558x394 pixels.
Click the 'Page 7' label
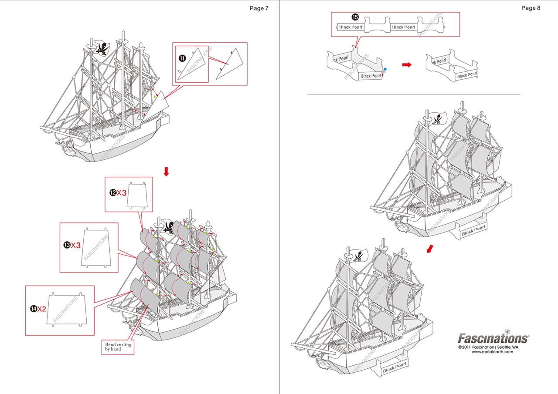259,8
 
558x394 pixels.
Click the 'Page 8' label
531,8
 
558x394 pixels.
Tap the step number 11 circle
182,57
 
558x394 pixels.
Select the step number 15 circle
355,17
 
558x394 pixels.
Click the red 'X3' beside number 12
121,193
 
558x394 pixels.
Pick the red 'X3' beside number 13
76,246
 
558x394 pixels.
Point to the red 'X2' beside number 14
41,309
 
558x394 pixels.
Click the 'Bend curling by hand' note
117,347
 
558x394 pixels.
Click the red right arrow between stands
406,64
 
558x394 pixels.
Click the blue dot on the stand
385,69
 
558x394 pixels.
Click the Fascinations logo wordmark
493,338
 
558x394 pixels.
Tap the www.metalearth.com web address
492,352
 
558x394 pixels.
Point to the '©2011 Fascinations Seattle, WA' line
488,347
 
